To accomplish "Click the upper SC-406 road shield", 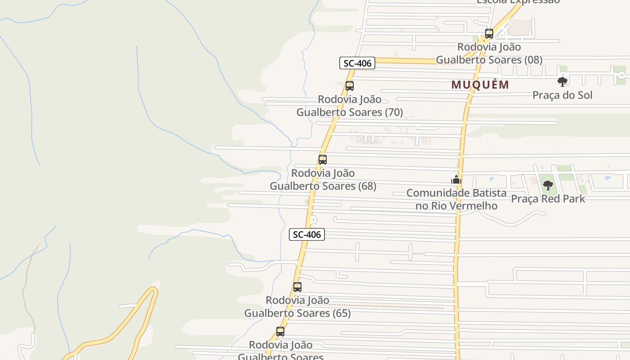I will coord(357,63).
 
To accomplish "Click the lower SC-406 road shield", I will coord(307,234).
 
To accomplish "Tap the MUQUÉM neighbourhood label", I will coord(480,85).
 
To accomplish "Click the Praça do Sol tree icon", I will coord(562,82).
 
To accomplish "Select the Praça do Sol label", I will coord(562,95).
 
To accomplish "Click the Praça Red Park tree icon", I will coord(548,185).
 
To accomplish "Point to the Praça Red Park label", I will coord(548,198).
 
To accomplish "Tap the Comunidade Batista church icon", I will coord(456,180).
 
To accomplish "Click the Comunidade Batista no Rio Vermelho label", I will coord(456,199).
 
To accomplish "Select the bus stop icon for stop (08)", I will coord(489,33).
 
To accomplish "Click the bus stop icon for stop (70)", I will coord(350,86).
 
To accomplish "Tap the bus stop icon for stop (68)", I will coord(323,160).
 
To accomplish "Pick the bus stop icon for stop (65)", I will coord(297,287).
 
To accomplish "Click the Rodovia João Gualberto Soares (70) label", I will coord(350,106).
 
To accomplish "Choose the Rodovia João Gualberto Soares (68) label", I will coord(323,180).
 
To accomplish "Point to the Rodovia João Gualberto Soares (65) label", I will coord(297,306).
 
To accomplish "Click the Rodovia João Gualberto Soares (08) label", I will coord(489,53).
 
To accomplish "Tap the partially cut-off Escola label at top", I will coord(517,2).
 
